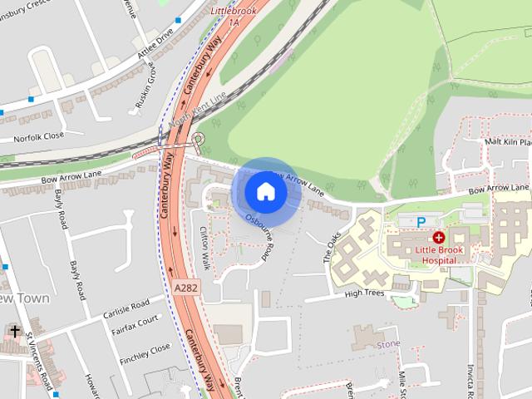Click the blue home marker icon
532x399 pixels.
(x=265, y=191)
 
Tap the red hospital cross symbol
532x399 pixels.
(x=438, y=238)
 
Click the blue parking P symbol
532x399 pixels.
(x=421, y=222)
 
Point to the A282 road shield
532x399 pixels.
(x=187, y=287)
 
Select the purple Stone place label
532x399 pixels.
(x=388, y=342)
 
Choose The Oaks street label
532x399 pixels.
(x=332, y=247)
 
